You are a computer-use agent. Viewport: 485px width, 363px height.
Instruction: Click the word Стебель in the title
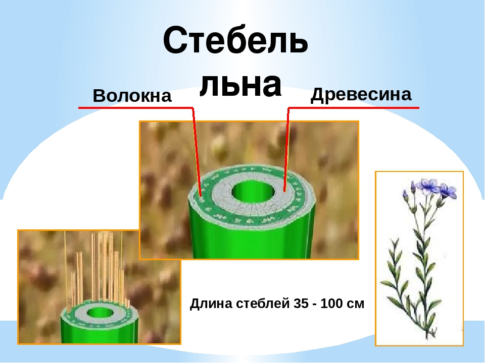pos(235,41)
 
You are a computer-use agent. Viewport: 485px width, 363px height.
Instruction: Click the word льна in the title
pos(240,84)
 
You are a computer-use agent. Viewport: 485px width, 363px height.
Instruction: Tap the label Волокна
pos(132,96)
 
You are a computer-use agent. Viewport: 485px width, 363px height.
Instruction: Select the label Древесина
pos(361,94)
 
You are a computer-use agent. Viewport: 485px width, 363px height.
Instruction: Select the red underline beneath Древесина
pos(354,107)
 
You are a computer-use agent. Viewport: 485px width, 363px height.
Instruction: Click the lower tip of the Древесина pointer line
pos(284,191)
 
